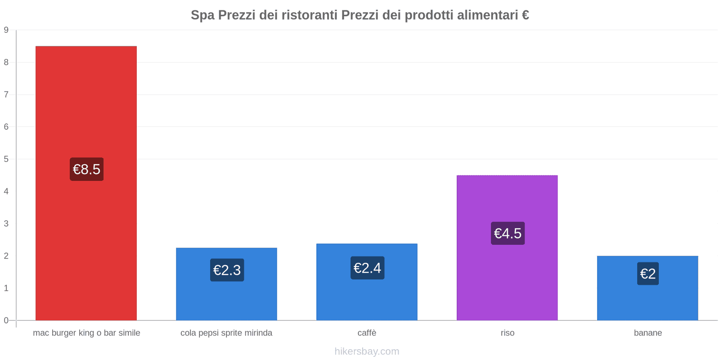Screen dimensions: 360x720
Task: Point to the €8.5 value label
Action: [86, 169]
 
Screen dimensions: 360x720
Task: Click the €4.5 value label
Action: [508, 233]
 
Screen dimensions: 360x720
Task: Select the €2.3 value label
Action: [227, 270]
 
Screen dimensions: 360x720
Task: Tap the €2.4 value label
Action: [367, 268]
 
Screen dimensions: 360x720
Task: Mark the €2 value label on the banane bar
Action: [648, 274]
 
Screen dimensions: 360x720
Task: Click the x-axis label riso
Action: [507, 333]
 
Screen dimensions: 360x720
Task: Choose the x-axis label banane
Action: [648, 333]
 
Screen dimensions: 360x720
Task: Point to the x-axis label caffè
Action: [367, 333]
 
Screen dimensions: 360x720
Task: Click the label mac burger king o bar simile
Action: [86, 333]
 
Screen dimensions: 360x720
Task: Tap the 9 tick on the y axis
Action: [6, 30]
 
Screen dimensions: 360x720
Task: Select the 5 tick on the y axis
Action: [6, 159]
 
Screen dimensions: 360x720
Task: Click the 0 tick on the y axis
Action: [6, 320]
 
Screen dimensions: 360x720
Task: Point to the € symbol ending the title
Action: [525, 15]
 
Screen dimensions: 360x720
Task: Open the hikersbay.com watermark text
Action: [367, 351]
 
